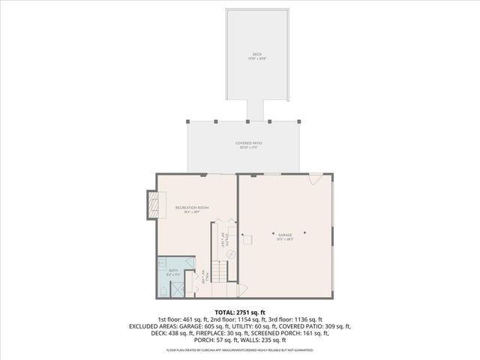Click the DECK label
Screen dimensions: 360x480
257,54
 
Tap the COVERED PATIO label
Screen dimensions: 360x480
249,142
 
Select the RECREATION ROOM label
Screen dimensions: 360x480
192,207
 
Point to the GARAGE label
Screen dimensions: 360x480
284,235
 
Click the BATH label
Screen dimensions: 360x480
172,270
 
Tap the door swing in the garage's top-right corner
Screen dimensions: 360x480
316,178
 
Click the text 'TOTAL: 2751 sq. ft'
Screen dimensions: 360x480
240,311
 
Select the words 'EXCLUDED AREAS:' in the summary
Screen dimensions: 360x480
153,326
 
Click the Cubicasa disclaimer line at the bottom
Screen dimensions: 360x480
240,350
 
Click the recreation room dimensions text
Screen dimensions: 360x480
192,212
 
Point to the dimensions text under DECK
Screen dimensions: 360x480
257,58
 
